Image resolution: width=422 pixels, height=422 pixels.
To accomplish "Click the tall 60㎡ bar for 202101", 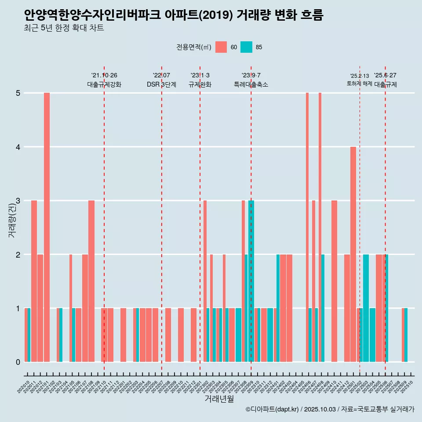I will (47, 227).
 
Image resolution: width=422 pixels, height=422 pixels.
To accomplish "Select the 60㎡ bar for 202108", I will (91, 281).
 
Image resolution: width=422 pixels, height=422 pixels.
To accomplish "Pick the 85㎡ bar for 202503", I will (366, 308).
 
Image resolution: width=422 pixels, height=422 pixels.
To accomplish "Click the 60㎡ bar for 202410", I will (334, 281).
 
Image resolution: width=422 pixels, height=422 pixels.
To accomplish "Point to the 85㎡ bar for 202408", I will (323, 308).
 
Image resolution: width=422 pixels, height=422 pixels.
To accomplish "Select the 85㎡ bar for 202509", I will (406, 335).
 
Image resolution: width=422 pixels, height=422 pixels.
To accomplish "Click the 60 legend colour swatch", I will (221, 47).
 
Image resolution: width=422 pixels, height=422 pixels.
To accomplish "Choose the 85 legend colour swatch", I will (247, 47).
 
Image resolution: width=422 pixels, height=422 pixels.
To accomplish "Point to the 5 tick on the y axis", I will (18, 93).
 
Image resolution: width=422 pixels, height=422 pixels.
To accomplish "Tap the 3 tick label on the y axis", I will (18, 201).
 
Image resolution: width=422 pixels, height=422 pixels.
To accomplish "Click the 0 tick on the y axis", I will (18, 362).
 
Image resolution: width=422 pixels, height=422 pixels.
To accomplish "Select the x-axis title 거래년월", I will (219, 399).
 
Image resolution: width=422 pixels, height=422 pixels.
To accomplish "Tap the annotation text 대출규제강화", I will (104, 84).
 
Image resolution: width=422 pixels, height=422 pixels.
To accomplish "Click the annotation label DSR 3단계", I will (161, 84).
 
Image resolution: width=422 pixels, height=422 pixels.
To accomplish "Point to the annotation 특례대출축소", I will (251, 84).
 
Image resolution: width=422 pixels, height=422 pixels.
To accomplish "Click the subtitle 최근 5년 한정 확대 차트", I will (64, 28).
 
